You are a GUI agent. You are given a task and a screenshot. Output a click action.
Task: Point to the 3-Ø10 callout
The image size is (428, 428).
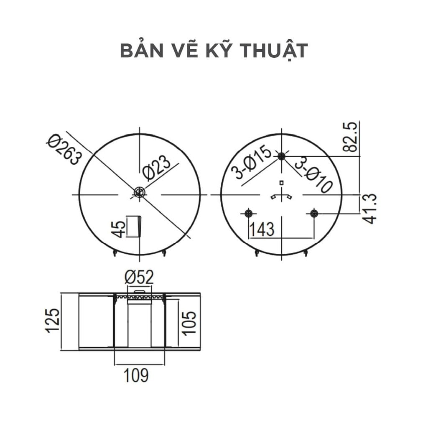pyautogui.click(x=313, y=175)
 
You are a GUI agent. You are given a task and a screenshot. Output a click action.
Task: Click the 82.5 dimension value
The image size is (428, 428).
pyautogui.click(x=351, y=137)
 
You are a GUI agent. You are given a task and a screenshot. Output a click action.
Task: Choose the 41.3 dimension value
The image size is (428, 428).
pyautogui.click(x=370, y=209)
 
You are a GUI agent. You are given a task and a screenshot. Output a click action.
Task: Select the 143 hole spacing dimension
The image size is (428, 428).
pyautogui.click(x=262, y=229)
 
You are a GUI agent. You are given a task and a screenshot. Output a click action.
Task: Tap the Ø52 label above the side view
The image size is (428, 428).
pyautogui.click(x=139, y=277)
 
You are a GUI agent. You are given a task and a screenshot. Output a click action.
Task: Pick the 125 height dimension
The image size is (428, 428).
pyautogui.click(x=53, y=321)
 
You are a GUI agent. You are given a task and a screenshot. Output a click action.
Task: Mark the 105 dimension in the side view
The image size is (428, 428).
pyautogui.click(x=189, y=322)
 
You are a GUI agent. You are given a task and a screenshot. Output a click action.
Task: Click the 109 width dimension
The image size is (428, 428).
pyautogui.click(x=136, y=375)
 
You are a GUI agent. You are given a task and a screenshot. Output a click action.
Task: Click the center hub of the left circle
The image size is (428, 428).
pyautogui.click(x=139, y=192)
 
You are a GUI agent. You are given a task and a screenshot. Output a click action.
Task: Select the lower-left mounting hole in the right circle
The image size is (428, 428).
pyautogui.click(x=249, y=214)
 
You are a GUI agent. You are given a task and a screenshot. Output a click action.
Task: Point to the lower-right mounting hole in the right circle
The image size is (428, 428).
pyautogui.click(x=314, y=214)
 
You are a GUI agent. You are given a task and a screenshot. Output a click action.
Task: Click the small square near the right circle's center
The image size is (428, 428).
pyautogui.click(x=282, y=182)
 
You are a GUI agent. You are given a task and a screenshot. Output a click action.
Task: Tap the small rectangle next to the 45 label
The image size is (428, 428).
pyautogui.click(x=133, y=226)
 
